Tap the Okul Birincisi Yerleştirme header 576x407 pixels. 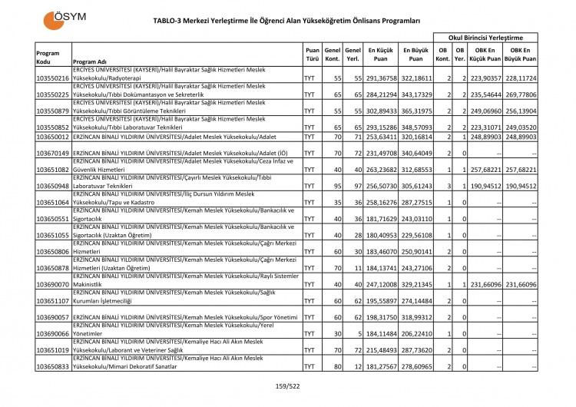pos(485,37)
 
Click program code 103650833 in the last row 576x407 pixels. pos(53,367)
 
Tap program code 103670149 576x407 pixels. pos(53,153)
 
